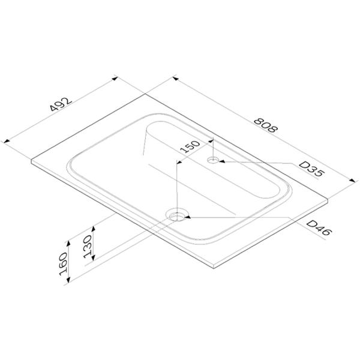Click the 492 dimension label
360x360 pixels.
(61, 104)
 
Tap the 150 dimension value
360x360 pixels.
(190, 146)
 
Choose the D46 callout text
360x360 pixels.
(319, 227)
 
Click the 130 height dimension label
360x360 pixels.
(88, 246)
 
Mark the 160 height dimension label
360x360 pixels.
(63, 264)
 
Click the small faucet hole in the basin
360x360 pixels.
(213, 160)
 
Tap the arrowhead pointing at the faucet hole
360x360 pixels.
(222, 161)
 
